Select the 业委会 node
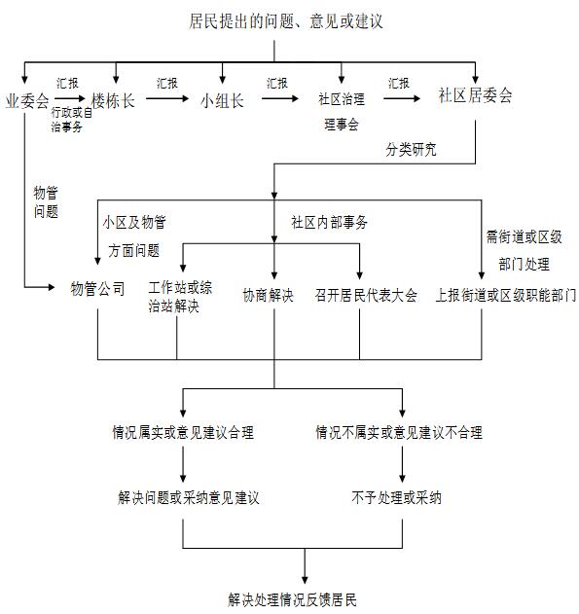point(26,99)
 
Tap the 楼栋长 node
point(113,99)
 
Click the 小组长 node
point(222,99)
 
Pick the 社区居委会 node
point(475,96)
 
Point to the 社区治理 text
point(342,99)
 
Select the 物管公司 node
point(97,290)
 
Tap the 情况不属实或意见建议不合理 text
point(399,433)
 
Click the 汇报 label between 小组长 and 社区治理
point(277,84)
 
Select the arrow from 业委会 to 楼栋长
point(70,99)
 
